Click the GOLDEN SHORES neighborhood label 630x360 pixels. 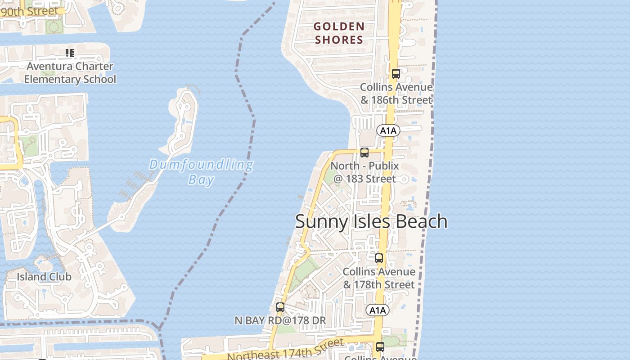click(339, 33)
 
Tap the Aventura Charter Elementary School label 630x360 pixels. click(70, 73)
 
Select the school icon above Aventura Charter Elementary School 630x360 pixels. click(69, 54)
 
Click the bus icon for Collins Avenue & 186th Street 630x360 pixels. click(396, 74)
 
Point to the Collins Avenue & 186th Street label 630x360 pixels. click(396, 94)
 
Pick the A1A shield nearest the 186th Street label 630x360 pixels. click(388, 131)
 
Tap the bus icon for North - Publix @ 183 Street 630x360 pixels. click(364, 153)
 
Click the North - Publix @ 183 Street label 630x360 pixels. click(364, 172)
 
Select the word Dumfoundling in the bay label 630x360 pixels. click(201, 165)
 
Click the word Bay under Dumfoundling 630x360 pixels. click(201, 180)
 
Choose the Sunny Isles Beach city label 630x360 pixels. click(371, 221)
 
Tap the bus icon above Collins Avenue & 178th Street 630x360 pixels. click(379, 258)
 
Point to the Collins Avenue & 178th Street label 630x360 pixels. click(379, 278)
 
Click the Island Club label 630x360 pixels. click(44, 277)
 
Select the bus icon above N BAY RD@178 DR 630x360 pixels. click(280, 308)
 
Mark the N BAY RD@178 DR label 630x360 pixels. click(280, 320)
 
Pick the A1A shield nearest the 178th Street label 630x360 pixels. click(377, 310)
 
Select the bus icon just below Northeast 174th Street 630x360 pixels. click(380, 347)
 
